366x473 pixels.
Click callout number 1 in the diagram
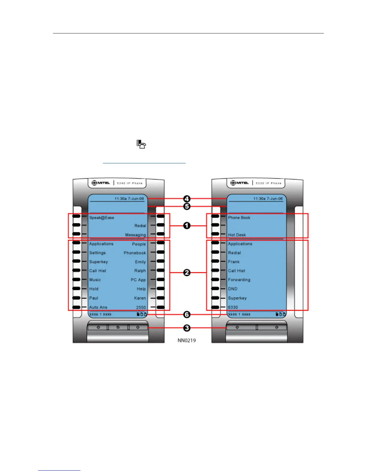click(187, 226)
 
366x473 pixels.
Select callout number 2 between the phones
click(187, 273)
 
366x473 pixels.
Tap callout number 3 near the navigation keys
click(187, 328)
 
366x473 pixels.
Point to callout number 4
click(187, 199)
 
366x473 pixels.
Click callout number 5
click(187, 206)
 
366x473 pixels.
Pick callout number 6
click(187, 314)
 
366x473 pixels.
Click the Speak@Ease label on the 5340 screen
click(102, 218)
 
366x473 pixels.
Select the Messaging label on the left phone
click(135, 235)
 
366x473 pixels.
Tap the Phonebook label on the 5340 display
click(135, 253)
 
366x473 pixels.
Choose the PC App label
click(138, 280)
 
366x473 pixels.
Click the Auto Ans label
click(98, 307)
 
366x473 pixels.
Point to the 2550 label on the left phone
click(141, 307)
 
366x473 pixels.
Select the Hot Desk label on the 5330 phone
click(237, 235)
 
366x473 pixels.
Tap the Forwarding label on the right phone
click(239, 280)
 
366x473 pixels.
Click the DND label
click(233, 289)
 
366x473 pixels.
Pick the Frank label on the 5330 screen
click(234, 262)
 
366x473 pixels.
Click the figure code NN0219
click(187, 340)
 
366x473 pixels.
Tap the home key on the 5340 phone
click(118, 327)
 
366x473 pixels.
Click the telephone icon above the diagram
click(141, 144)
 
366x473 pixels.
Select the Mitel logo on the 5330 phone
click(240, 183)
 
